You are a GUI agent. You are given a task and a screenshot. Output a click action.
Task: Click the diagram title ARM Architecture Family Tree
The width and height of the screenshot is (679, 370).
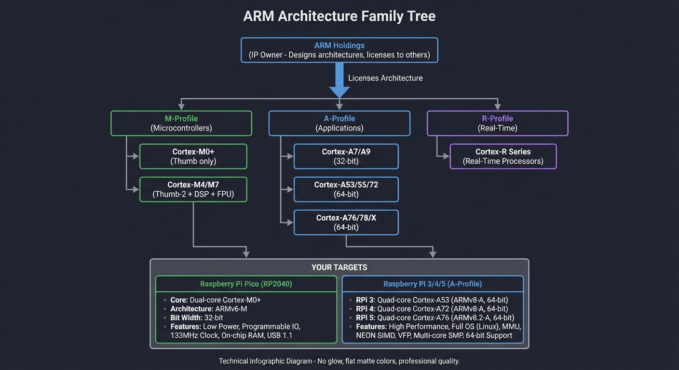click(x=339, y=16)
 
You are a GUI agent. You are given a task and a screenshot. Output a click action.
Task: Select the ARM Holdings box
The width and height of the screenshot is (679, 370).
click(x=339, y=50)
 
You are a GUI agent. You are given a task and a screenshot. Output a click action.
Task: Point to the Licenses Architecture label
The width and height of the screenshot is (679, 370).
click(x=385, y=78)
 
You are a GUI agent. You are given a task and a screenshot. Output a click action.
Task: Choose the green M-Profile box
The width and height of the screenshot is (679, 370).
click(x=181, y=123)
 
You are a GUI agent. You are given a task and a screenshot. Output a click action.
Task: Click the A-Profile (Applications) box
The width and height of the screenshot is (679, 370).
click(x=339, y=123)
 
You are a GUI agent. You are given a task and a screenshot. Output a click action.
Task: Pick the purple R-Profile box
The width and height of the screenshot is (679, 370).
click(x=497, y=123)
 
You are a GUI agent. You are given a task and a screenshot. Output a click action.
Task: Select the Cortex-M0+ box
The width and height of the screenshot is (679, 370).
click(x=193, y=156)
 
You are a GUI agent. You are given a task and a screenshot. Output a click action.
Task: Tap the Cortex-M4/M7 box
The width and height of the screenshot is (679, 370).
click(x=193, y=189)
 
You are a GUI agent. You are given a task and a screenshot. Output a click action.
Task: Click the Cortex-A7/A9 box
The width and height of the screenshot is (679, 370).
click(x=346, y=156)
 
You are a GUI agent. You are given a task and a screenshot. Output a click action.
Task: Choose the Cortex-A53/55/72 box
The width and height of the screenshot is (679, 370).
click(x=346, y=189)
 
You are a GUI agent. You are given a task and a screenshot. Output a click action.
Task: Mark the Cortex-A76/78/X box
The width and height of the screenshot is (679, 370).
click(x=346, y=222)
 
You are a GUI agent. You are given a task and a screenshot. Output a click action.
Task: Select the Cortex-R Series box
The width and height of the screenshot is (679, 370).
click(x=503, y=156)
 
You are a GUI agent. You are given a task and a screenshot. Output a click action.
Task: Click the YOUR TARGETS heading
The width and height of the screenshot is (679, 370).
click(x=339, y=267)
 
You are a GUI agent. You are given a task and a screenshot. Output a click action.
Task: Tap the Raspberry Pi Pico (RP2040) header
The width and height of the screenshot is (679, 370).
click(x=246, y=284)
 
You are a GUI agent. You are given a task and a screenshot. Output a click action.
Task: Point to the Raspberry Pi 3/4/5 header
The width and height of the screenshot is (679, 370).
click(x=432, y=284)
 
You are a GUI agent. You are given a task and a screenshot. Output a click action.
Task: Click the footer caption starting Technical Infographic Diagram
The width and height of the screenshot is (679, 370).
click(x=339, y=361)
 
